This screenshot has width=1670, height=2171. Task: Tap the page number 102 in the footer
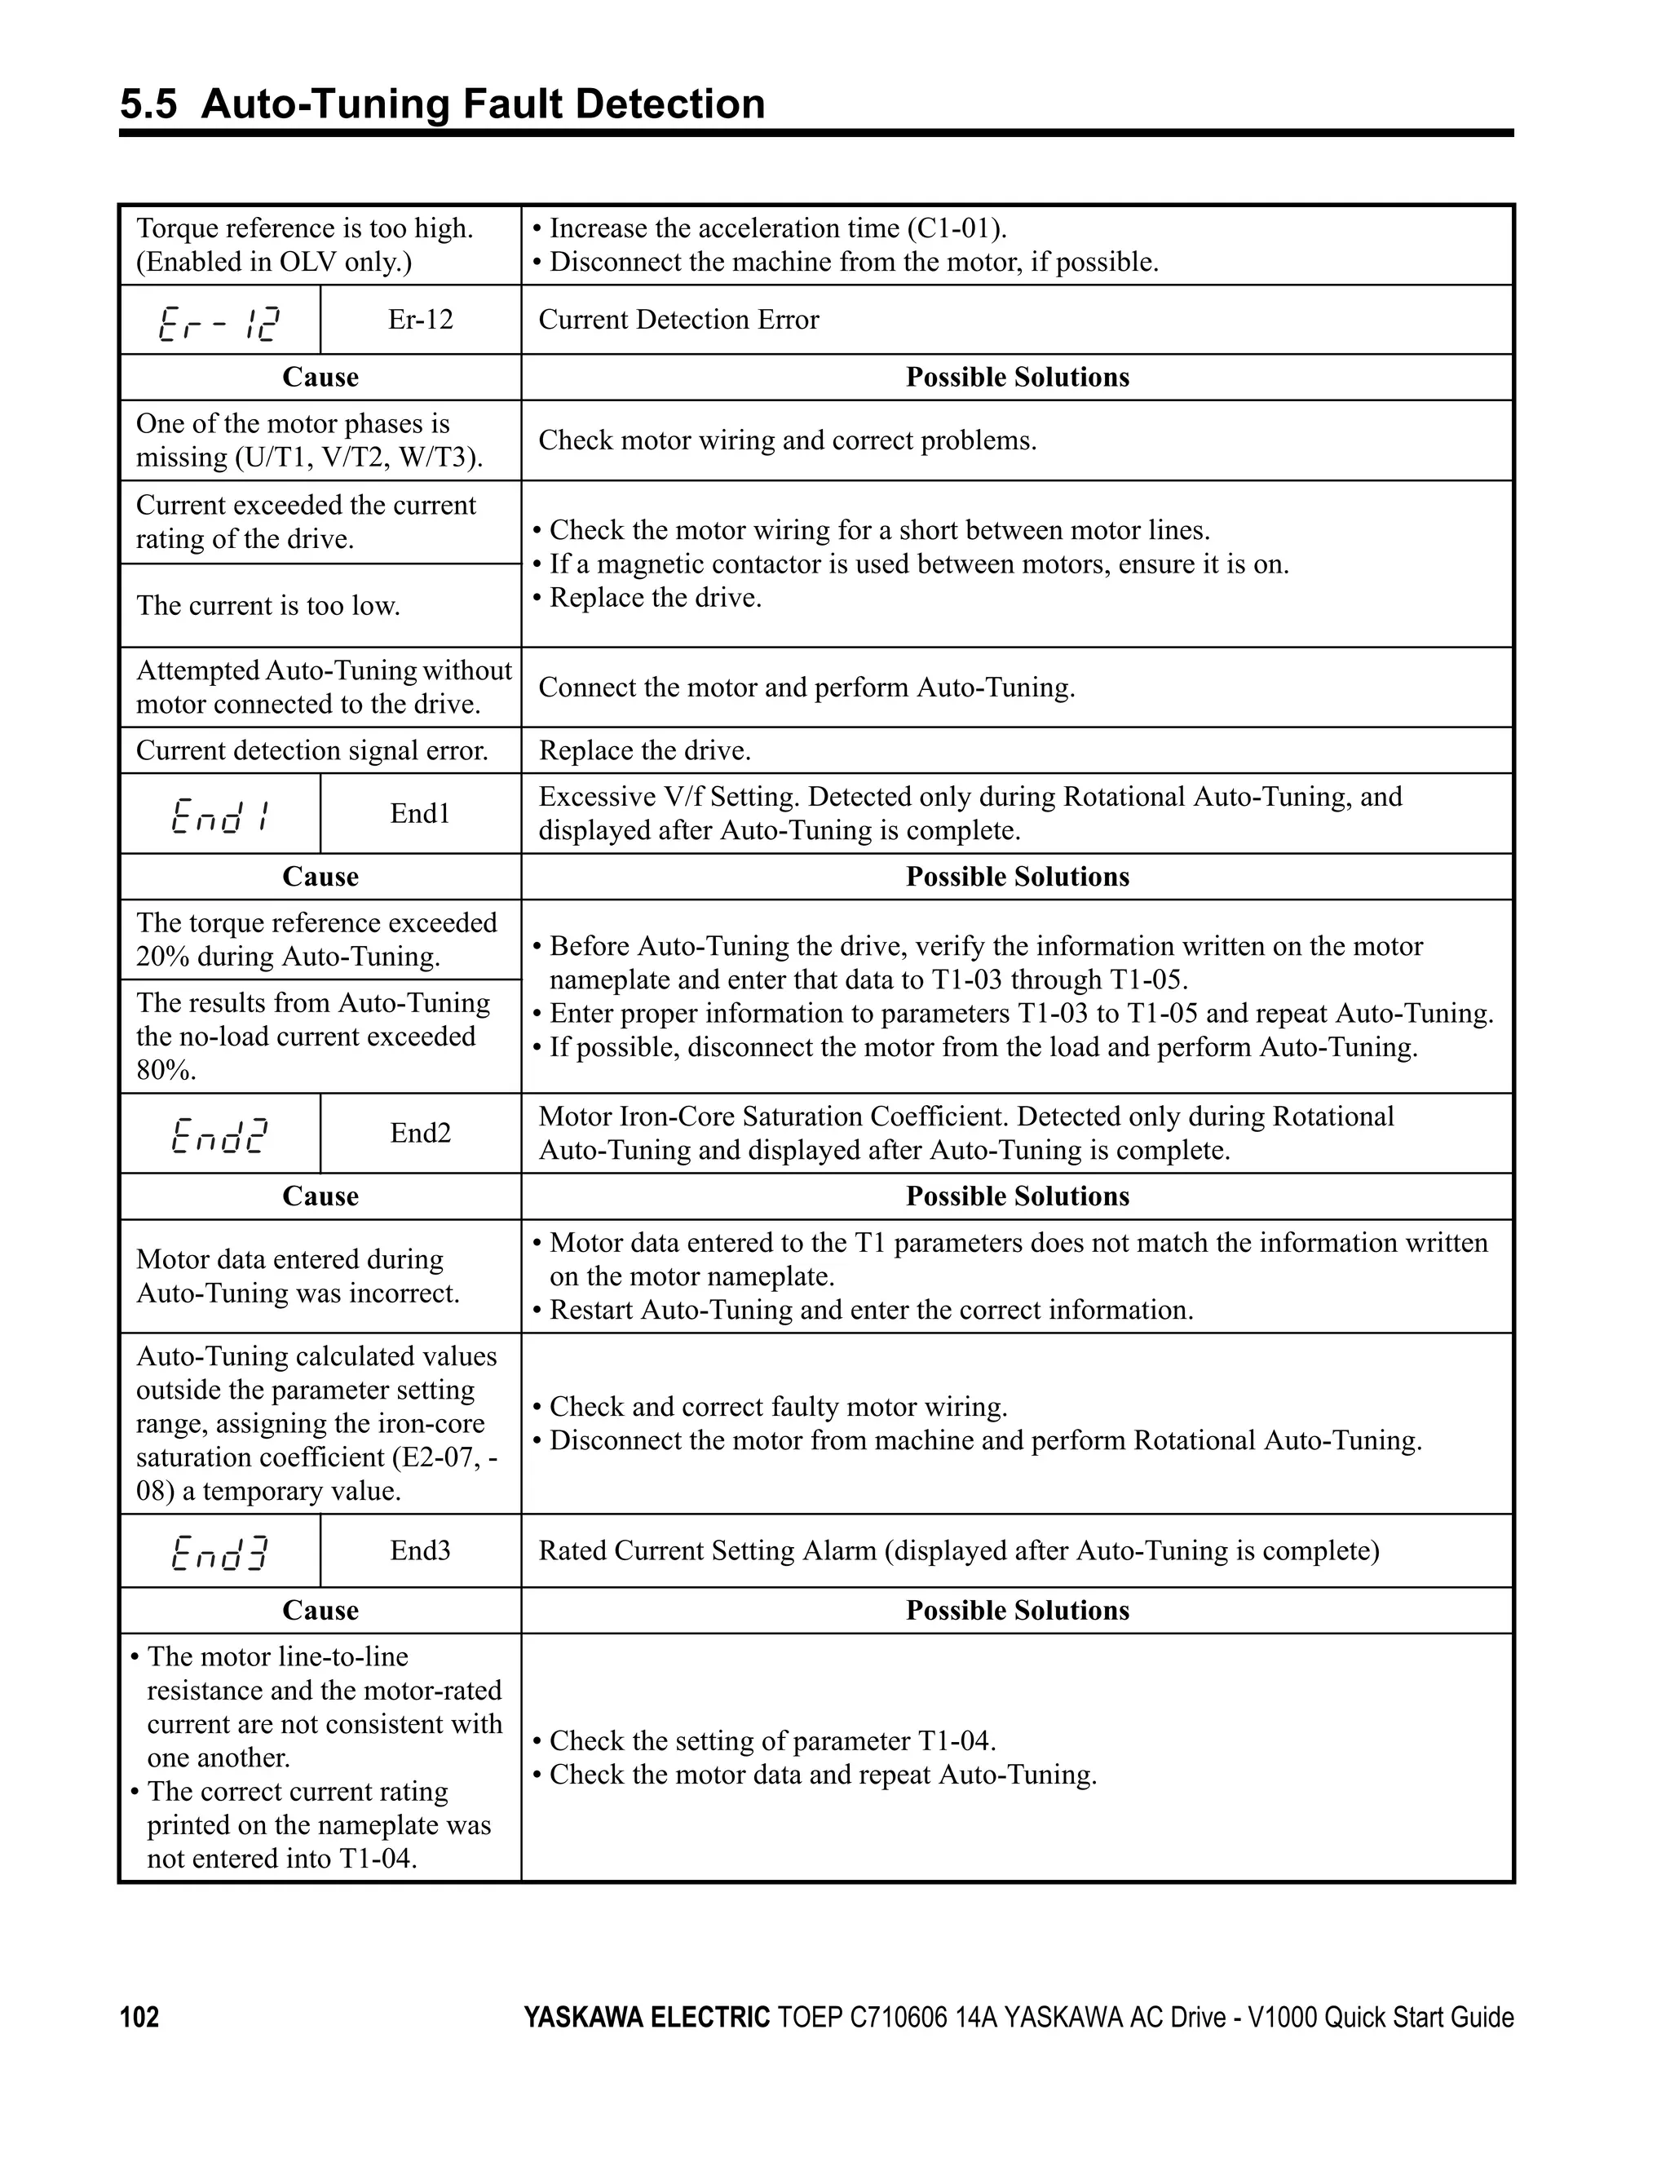(139, 2017)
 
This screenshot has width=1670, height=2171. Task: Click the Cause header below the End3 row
(320, 1611)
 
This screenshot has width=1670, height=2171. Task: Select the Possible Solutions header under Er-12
(1017, 378)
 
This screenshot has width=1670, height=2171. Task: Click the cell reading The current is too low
(268, 605)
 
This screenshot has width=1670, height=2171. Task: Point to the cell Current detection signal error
(312, 750)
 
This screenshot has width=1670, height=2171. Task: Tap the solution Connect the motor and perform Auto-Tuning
(806, 688)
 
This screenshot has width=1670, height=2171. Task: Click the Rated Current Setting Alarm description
(958, 1550)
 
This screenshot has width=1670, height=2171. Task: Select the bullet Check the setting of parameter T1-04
(771, 1740)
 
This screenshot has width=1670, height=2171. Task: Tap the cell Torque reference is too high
(304, 228)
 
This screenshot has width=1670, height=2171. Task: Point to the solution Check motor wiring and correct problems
(787, 440)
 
